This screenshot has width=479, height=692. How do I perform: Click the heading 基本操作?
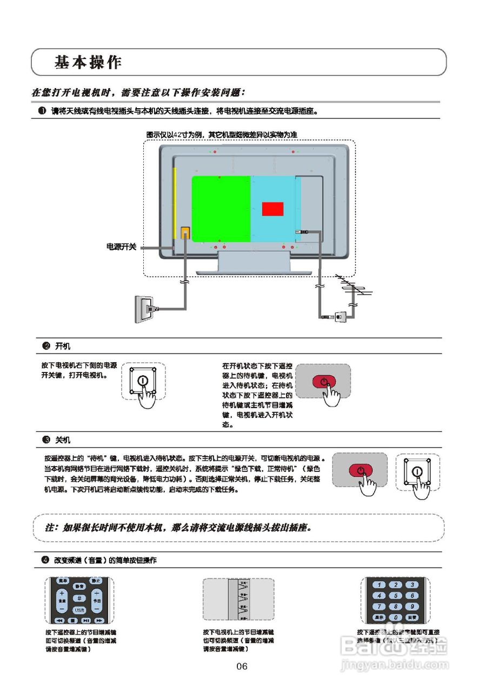[x=88, y=62]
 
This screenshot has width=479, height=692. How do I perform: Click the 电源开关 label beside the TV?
[x=121, y=247]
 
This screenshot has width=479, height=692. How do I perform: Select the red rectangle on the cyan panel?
[x=272, y=209]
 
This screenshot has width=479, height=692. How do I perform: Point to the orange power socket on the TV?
[x=185, y=233]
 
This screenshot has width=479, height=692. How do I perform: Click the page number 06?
[x=242, y=666]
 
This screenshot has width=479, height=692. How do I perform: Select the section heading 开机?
[x=63, y=346]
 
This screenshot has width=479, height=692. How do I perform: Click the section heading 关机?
[x=63, y=440]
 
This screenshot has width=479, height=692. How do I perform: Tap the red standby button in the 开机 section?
[x=323, y=381]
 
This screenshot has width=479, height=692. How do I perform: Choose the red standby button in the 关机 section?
[x=360, y=470]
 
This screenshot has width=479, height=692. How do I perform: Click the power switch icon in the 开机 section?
[x=142, y=380]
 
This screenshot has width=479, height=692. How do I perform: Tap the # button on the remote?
[x=79, y=598]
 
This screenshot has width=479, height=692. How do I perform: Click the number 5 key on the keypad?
[x=396, y=595]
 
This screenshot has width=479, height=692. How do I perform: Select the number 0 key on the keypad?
[x=396, y=617]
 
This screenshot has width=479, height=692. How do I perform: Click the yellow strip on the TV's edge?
[x=175, y=203]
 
